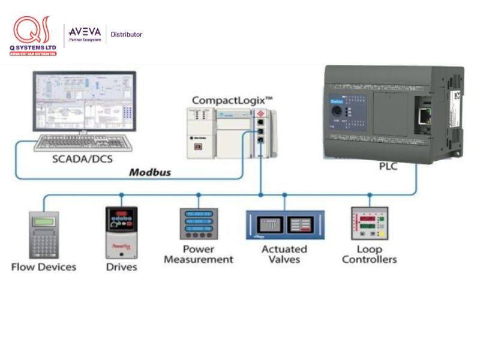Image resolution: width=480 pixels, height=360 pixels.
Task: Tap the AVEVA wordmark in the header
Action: [x=84, y=31]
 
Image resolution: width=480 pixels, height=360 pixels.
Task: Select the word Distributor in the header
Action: [x=126, y=34]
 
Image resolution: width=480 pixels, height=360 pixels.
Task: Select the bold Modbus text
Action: [x=150, y=172]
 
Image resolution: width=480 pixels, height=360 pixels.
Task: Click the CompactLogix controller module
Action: [x=231, y=133]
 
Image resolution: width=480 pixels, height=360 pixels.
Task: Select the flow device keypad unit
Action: [x=43, y=235]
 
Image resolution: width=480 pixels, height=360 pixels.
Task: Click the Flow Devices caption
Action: [x=44, y=266]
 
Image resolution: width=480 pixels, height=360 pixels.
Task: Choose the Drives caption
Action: [x=121, y=266]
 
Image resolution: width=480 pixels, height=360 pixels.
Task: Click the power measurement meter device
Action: [x=199, y=224]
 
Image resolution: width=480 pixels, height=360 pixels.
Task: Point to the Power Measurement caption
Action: [x=199, y=254]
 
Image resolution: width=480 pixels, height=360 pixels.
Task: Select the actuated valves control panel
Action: [x=285, y=225]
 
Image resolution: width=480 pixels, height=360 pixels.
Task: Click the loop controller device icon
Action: [x=369, y=223]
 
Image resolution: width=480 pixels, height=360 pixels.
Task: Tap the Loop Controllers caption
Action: [x=369, y=254]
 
